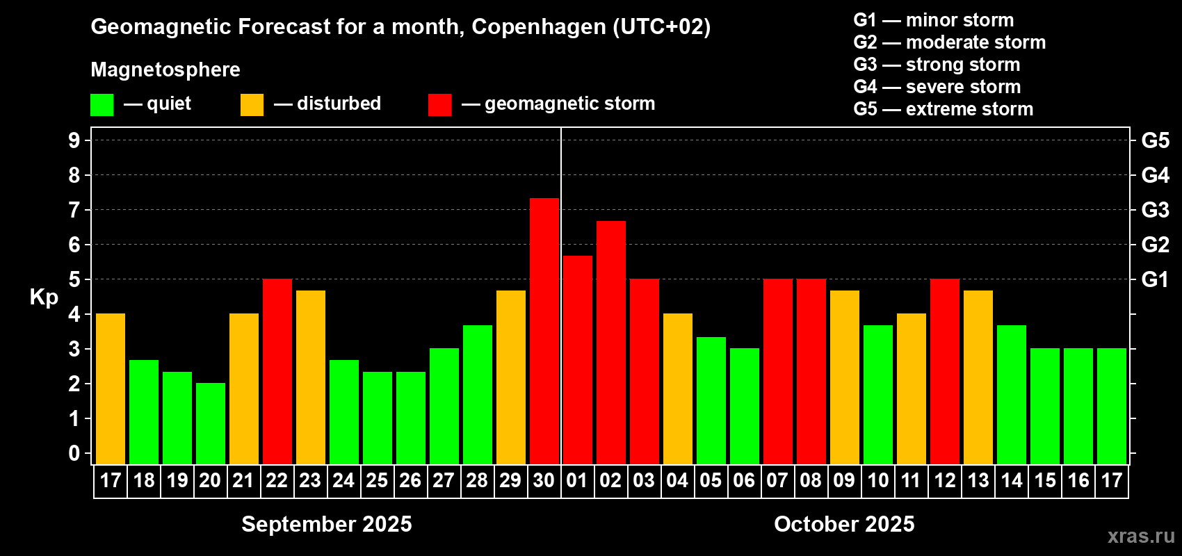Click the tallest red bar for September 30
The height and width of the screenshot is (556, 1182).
(544, 331)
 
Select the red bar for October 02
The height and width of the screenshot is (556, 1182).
(610, 342)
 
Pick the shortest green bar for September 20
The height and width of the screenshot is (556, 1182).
(210, 423)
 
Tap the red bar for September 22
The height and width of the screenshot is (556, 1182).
(277, 371)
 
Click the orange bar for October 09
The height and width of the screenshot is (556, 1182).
(844, 377)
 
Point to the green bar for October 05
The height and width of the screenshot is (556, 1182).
(711, 400)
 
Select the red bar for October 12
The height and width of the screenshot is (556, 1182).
(944, 371)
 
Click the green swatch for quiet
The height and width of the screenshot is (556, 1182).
(102, 105)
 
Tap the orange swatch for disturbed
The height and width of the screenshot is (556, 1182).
(252, 105)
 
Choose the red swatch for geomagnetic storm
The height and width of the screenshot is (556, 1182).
(439, 105)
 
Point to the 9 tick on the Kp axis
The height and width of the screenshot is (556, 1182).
(74, 140)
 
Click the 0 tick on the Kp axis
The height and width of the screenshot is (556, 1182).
(74, 453)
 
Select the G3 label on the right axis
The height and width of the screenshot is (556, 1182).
(1155, 210)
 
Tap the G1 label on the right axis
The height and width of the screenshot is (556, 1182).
(1155, 279)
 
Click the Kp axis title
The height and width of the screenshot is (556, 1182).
(44, 297)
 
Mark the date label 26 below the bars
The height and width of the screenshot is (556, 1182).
(410, 480)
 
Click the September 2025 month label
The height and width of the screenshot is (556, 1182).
(326, 524)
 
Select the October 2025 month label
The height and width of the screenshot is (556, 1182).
(844, 524)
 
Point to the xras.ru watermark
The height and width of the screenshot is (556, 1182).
(1141, 535)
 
